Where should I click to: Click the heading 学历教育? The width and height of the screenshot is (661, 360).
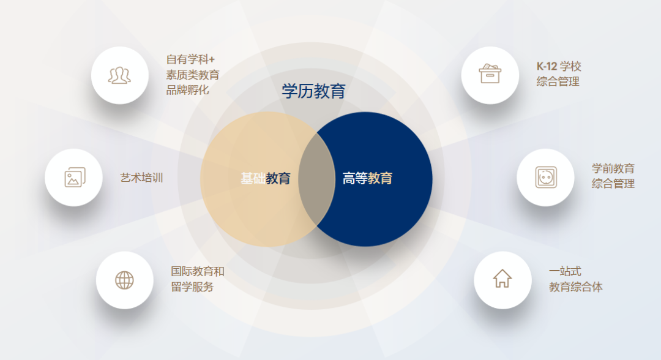313,92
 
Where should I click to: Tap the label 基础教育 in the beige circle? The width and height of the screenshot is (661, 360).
265,179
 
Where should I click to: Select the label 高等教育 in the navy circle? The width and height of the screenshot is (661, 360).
367,179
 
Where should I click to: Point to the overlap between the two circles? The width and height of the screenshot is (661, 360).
316,179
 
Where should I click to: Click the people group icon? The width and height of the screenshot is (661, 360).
120,75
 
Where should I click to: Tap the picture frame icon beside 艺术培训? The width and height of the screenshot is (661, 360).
74,178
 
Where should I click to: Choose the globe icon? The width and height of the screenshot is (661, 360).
124,280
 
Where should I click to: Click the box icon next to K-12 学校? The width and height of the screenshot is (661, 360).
490,75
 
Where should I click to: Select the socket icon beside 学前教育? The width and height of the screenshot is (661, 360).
545,178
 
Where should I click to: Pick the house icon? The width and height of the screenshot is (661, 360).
502,279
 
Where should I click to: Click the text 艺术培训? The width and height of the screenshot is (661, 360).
141,178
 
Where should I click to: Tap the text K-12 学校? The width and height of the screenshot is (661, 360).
559,67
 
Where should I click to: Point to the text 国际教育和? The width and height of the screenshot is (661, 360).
198,271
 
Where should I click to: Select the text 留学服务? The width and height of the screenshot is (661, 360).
192,287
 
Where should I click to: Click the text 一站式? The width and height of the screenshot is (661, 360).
565,271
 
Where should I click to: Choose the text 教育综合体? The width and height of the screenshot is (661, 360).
576,287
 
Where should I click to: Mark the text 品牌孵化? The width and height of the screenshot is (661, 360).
188,90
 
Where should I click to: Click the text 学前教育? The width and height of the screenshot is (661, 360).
613,168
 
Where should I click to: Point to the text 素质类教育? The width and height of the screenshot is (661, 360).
193,75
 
